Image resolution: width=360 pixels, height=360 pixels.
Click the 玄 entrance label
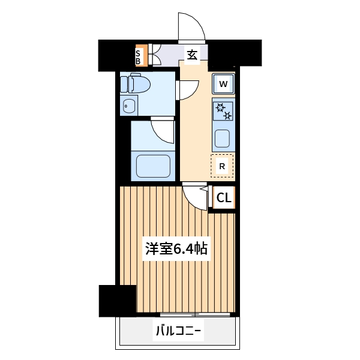[x=191, y=55]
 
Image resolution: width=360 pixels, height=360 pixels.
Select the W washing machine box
[x=223, y=84]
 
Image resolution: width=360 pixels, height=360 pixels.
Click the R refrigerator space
[x=222, y=166]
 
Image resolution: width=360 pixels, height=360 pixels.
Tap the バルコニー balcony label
[x=178, y=331]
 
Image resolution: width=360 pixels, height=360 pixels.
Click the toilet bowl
[x=136, y=83]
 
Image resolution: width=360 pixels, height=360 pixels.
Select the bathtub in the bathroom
[x=153, y=166]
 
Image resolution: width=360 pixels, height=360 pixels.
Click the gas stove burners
[x=223, y=110]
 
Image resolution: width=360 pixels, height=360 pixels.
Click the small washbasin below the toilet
[x=128, y=107]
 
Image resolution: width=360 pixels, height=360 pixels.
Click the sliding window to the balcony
[x=195, y=314]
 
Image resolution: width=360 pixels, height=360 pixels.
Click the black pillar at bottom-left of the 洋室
[x=118, y=300]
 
